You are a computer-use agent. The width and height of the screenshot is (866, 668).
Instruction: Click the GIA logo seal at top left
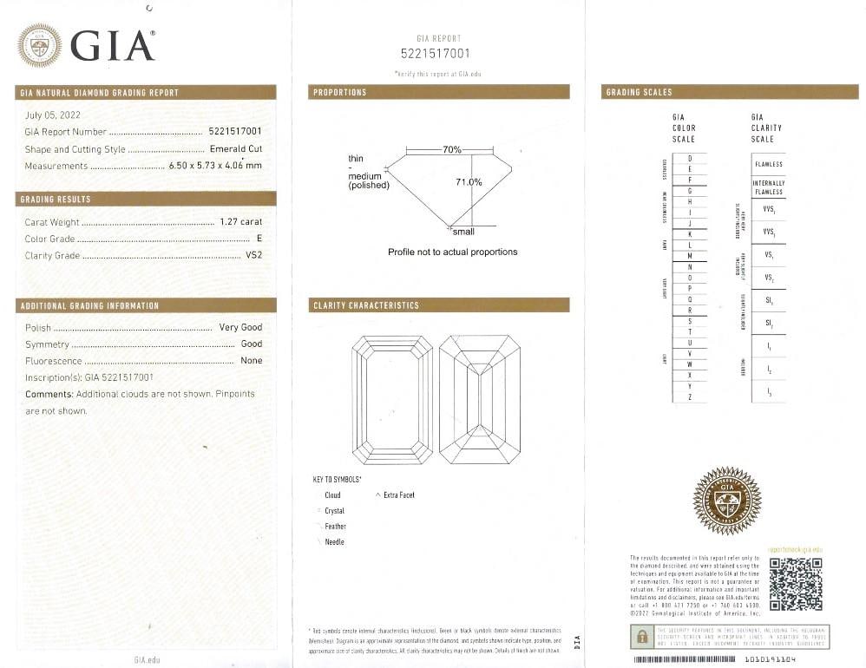(39, 45)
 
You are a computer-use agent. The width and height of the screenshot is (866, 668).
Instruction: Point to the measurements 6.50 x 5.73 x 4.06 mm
(214, 166)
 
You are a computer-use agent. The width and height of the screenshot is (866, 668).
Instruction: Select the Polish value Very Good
(240, 327)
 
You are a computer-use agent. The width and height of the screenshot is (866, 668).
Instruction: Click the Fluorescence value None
(251, 360)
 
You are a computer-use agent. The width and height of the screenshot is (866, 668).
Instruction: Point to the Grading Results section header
(56, 200)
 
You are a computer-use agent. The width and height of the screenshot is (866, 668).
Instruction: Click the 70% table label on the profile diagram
(452, 150)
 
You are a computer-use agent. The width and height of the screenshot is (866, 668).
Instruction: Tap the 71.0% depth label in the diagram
(469, 182)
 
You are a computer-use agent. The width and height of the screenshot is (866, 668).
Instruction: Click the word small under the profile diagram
(463, 232)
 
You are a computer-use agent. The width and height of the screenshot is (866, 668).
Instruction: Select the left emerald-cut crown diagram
(392, 399)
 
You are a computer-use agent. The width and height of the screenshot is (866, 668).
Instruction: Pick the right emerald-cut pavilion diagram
(479, 399)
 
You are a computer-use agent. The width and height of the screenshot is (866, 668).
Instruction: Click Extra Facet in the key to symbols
(398, 495)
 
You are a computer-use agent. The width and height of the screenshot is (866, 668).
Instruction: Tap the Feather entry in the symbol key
(335, 527)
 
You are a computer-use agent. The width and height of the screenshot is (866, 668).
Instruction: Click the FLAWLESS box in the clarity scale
(769, 164)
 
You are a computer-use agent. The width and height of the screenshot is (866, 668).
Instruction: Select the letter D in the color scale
(690, 159)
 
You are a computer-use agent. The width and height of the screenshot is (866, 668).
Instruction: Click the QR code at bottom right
(796, 583)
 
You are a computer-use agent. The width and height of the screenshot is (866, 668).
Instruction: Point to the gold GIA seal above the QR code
(726, 501)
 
